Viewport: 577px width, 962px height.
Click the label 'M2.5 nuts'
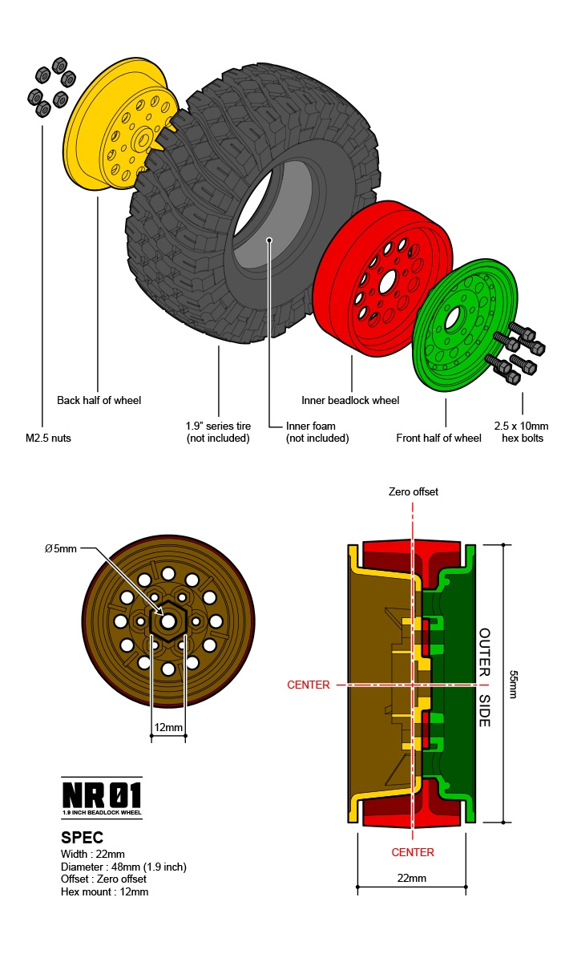pyautogui.click(x=48, y=439)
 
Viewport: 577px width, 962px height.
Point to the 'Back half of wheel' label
pyautogui.click(x=99, y=400)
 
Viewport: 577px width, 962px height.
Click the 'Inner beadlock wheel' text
pyautogui.click(x=350, y=400)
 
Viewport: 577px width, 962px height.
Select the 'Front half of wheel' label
pyautogui.click(x=438, y=438)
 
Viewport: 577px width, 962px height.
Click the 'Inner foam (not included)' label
pyautogui.click(x=317, y=432)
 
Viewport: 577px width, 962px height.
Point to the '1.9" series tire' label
pyautogui.click(x=218, y=432)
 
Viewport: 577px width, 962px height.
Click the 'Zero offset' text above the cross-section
pyautogui.click(x=413, y=491)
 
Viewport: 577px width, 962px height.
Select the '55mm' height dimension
pyautogui.click(x=514, y=684)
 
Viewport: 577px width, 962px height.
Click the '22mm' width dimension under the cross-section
pyautogui.click(x=411, y=878)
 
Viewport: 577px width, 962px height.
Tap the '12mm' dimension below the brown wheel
pyautogui.click(x=168, y=728)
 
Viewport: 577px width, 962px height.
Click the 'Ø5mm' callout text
pyautogui.click(x=60, y=549)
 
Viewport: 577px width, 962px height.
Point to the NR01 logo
pyautogui.click(x=102, y=796)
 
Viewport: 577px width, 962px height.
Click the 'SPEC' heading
pyautogui.click(x=83, y=838)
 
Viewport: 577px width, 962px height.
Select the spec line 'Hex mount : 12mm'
pyautogui.click(x=104, y=891)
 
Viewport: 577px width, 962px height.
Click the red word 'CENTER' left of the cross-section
pyautogui.click(x=309, y=685)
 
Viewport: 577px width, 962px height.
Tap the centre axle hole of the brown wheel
pyautogui.click(x=168, y=621)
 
